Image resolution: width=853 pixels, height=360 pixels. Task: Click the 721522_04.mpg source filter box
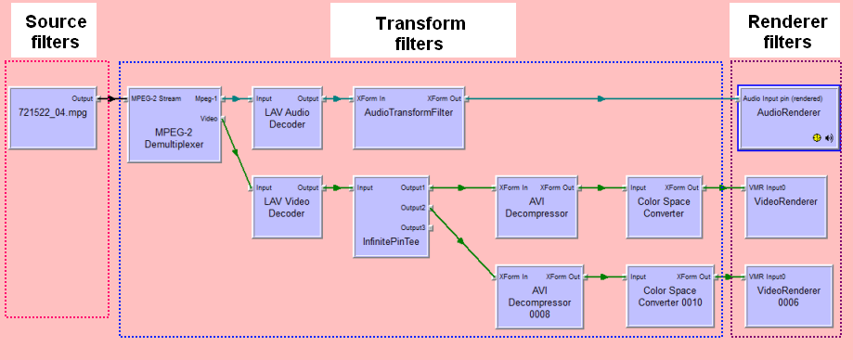coord(53,118)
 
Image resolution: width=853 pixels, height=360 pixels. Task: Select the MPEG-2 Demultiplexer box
coord(174,124)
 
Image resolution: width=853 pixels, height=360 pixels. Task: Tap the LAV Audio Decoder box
coord(287,118)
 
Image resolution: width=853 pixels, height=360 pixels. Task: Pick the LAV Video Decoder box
coord(287,207)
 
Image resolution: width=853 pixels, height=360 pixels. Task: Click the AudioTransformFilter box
coord(409,118)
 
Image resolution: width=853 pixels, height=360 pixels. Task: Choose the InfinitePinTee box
coord(391,217)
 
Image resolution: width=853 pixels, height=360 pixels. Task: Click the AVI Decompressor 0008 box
coord(536,296)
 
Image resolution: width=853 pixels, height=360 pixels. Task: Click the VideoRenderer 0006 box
coord(788,296)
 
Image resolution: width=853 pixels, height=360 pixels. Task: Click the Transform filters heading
coord(420,32)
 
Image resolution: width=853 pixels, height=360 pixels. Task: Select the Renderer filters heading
coord(788,31)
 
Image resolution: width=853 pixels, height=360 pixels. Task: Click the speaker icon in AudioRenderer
coord(829,138)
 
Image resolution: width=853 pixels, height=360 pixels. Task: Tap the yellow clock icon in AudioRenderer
coord(817,138)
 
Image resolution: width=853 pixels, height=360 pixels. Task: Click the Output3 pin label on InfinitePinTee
coord(413,227)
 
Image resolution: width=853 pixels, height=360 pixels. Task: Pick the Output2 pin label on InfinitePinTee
coord(413,208)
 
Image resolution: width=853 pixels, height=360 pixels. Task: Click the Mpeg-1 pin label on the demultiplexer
coord(206,99)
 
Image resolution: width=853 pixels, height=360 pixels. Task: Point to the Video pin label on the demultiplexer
coord(209,118)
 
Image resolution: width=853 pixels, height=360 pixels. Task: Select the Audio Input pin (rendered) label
coord(782,99)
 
